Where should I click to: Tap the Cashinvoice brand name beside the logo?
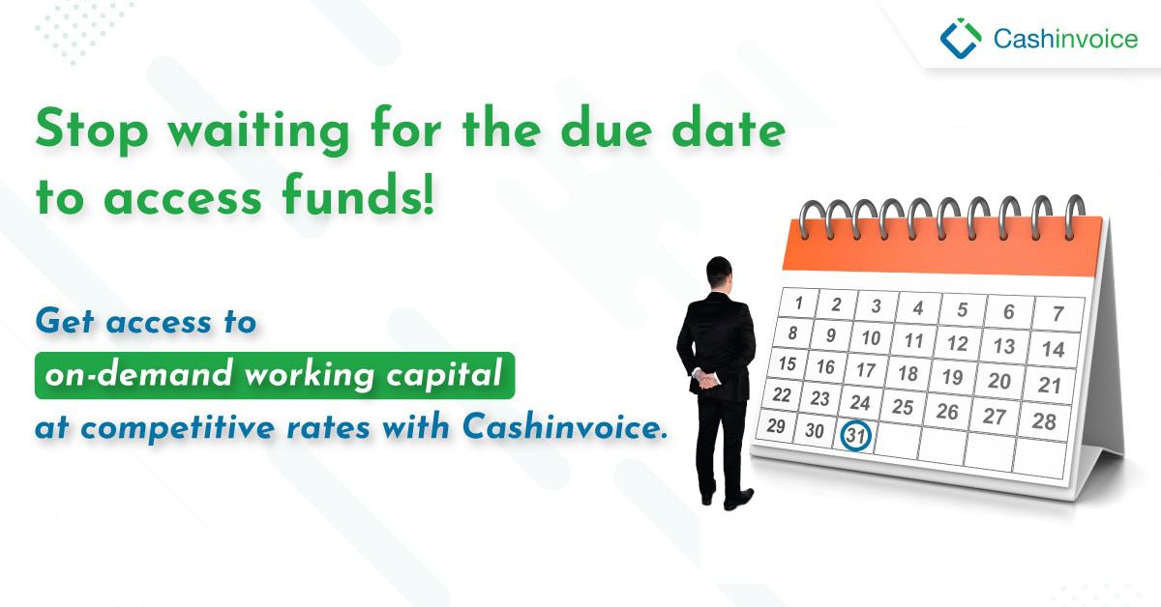click(1065, 39)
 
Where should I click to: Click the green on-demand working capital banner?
click(275, 376)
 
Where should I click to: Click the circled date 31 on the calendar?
click(856, 435)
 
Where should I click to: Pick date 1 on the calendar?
click(799, 303)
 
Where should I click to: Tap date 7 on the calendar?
click(1057, 313)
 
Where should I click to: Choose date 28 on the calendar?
click(1043, 420)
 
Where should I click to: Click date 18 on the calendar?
click(908, 373)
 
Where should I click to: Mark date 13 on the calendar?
click(1004, 345)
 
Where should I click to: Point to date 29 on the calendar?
click(776, 425)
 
